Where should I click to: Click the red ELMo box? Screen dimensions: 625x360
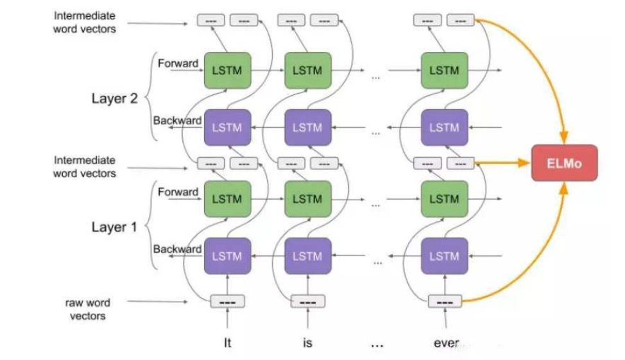[565, 162]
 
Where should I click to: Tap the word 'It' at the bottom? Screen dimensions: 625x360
[227, 343]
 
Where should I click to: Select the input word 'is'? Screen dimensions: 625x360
[307, 343]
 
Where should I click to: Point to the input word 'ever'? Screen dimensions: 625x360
[447, 343]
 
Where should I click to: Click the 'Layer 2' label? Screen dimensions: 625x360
[114, 98]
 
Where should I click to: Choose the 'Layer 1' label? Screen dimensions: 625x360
[114, 227]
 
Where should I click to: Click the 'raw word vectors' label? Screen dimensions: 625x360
[88, 309]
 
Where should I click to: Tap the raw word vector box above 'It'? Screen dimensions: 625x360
[227, 302]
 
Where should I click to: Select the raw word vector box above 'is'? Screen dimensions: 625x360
[308, 302]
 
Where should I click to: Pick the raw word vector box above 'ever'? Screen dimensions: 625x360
[445, 302]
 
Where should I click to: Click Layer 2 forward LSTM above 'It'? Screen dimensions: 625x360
[227, 71]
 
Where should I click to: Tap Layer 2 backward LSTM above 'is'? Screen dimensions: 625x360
[308, 128]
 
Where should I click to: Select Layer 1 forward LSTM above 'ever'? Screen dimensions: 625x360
[445, 199]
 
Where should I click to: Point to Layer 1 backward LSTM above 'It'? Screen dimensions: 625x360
[227, 256]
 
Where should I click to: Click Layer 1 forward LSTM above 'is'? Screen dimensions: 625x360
[308, 199]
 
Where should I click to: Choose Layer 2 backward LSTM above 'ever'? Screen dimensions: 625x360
[445, 128]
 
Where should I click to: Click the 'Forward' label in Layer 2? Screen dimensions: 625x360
[178, 64]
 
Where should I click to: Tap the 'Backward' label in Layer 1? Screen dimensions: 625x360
[177, 249]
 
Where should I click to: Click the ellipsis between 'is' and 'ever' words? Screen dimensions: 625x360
[377, 345]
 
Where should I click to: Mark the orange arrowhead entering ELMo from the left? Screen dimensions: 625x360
[524, 162]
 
